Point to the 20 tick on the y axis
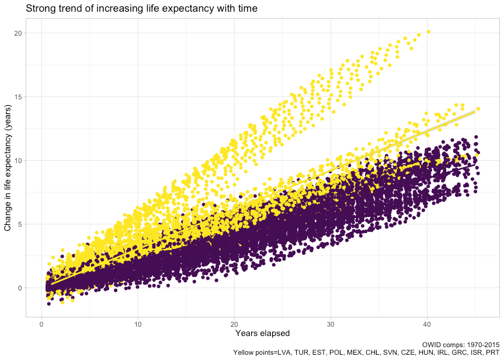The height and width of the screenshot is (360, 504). pos(19,33)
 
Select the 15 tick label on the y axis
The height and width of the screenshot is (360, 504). pos(19,97)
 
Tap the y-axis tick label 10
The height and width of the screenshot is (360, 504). pos(19,161)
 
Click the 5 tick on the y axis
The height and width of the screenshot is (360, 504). pos(20,224)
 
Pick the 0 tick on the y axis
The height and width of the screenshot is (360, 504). pos(20,288)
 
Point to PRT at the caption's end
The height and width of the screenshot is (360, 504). pos(492,352)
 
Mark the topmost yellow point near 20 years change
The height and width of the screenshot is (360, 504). pos(429,32)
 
